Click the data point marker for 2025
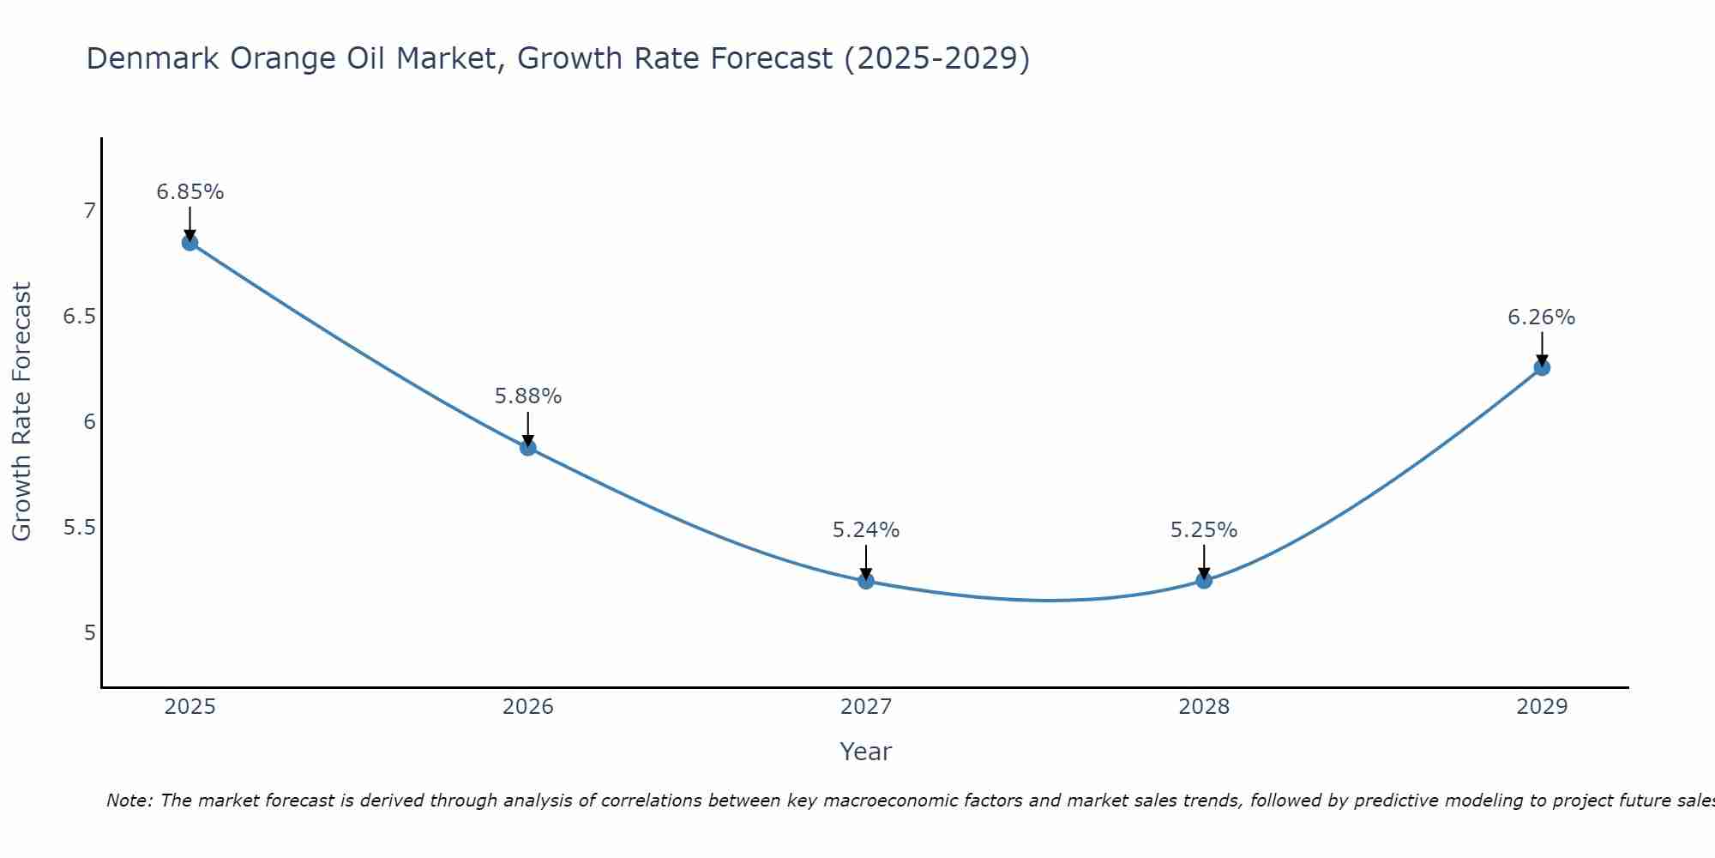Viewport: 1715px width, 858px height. (x=190, y=243)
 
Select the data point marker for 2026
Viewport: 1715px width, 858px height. (x=528, y=447)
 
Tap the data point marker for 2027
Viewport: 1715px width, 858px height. (x=866, y=581)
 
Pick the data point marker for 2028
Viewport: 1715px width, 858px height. (x=1204, y=580)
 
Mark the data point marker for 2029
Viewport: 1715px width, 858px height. (x=1542, y=367)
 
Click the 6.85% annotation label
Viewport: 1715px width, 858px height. (x=190, y=192)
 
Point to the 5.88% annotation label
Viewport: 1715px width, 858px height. (x=528, y=396)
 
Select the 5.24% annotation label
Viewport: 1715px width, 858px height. (x=866, y=530)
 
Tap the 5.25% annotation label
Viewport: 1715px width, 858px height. (x=1204, y=530)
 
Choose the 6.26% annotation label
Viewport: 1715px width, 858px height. (x=1542, y=317)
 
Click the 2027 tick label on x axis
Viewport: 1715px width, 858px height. (x=866, y=707)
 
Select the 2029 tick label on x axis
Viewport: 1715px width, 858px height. (x=1542, y=707)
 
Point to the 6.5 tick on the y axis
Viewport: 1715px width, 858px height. (x=79, y=317)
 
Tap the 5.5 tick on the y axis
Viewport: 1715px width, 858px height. (x=79, y=528)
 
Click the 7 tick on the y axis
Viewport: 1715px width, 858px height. (x=89, y=211)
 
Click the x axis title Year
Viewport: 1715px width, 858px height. (x=866, y=752)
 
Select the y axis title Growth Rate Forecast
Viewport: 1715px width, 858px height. (x=21, y=412)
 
